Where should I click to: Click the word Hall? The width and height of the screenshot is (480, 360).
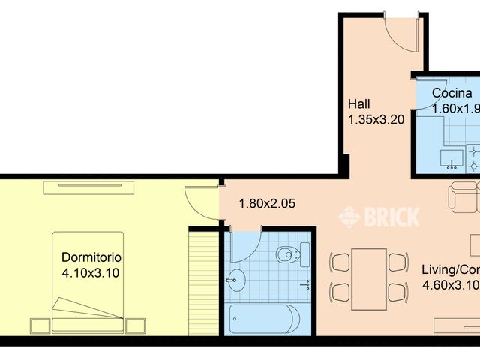click(x=358, y=104)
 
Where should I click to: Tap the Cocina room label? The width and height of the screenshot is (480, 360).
click(x=451, y=94)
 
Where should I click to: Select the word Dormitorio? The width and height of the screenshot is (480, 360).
click(x=91, y=257)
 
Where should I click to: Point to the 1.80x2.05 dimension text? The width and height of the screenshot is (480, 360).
click(x=266, y=202)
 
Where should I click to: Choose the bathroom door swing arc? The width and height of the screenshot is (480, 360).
click(x=246, y=244)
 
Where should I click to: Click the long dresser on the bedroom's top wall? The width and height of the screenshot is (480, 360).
click(x=88, y=187)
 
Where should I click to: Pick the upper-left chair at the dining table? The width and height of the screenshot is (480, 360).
click(x=340, y=262)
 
